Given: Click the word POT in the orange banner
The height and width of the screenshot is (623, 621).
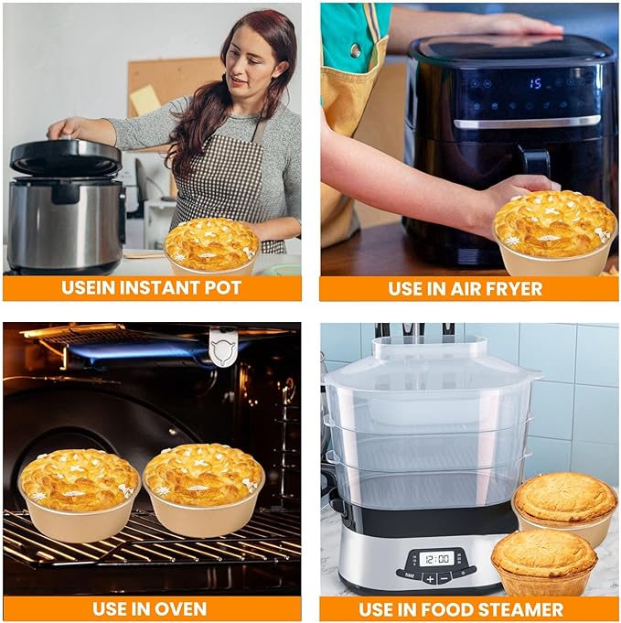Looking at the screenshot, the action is pyautogui.click(x=222, y=288).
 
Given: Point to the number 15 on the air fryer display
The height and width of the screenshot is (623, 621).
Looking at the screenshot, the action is pyautogui.click(x=535, y=83).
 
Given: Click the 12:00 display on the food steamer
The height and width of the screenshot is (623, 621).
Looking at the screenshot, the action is pyautogui.click(x=436, y=559).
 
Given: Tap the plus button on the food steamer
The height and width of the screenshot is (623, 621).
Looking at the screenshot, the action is pyautogui.click(x=430, y=578).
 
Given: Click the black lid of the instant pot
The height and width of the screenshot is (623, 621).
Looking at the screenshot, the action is pyautogui.click(x=66, y=156).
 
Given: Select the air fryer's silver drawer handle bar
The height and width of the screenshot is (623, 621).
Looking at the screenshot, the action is pyautogui.click(x=527, y=123).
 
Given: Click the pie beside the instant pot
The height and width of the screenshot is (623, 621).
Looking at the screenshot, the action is pyautogui.click(x=212, y=246).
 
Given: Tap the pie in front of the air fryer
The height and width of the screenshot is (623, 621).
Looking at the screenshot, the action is pyautogui.click(x=554, y=232).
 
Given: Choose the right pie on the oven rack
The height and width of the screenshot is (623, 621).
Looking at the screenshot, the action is pyautogui.click(x=203, y=489).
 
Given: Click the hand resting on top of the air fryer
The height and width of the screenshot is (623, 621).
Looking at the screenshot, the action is pyautogui.click(x=520, y=25).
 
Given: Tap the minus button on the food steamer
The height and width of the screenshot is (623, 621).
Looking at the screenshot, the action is pyautogui.click(x=444, y=578).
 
